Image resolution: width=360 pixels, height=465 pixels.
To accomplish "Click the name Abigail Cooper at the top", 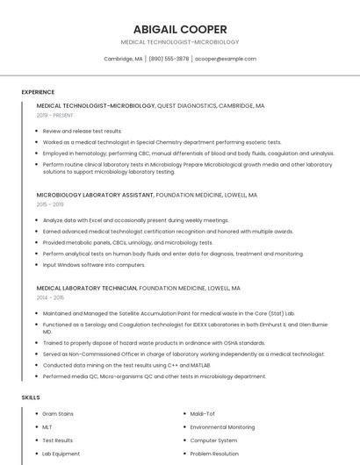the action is pyautogui.click(x=179, y=29).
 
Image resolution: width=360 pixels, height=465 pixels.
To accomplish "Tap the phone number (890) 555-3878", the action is pyautogui.click(x=169, y=59).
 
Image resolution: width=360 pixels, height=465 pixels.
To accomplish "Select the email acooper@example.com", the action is pyautogui.click(x=226, y=59).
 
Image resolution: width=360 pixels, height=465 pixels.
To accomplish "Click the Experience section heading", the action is pyautogui.click(x=38, y=92).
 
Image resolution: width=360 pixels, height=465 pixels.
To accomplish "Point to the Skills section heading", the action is pyautogui.click(x=31, y=397).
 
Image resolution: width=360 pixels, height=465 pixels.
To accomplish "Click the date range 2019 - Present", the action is pyautogui.click(x=54, y=115).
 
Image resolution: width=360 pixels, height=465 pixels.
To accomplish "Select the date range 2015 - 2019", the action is pyautogui.click(x=51, y=204).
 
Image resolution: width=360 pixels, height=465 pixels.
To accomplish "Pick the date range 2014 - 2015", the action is pyautogui.click(x=51, y=297).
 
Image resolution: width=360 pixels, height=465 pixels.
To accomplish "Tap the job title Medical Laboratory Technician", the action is pyautogui.click(x=87, y=288).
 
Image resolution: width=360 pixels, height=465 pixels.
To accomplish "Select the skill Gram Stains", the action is pyautogui.click(x=58, y=413).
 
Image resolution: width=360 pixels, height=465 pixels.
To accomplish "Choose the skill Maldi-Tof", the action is pyautogui.click(x=203, y=413).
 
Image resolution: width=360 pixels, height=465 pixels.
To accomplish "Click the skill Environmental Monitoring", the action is pyautogui.click(x=222, y=427).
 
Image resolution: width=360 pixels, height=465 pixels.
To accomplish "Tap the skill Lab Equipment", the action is pyautogui.click(x=61, y=454).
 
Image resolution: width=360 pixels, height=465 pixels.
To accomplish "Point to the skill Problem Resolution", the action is pyautogui.click(x=214, y=454).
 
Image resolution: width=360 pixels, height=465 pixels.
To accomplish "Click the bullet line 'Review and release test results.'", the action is pyautogui.click(x=83, y=131).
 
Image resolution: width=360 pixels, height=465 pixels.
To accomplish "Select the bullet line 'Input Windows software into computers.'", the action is pyautogui.click(x=94, y=264).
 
